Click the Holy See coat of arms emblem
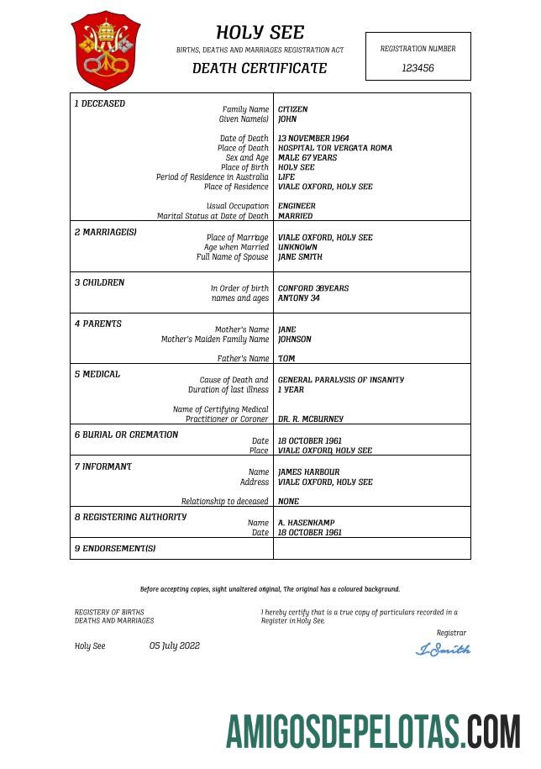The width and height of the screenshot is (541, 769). click(106, 50)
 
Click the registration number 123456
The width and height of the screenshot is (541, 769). click(418, 68)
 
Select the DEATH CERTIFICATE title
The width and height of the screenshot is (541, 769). click(260, 68)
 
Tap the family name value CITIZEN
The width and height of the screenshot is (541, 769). click(292, 109)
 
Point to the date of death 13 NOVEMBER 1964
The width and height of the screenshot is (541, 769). click(313, 139)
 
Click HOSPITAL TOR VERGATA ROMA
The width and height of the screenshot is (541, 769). click(334, 148)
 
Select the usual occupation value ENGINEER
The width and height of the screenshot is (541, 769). click(297, 206)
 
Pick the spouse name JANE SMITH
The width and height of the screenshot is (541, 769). click(300, 257)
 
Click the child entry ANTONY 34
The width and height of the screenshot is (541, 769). click(298, 298)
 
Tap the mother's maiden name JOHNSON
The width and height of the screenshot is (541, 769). click(294, 340)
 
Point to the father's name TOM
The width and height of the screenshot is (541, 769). click(286, 359)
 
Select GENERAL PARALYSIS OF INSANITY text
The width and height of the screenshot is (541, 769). click(340, 380)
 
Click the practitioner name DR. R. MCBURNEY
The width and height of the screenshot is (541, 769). click(310, 419)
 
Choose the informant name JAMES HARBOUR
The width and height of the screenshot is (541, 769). click(308, 472)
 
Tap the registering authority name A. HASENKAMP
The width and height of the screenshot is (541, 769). click(306, 523)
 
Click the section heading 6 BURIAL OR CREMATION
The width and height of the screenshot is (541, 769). click(126, 435)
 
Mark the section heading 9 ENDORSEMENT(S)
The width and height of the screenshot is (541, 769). click(115, 548)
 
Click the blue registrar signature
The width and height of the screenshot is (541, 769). click(444, 650)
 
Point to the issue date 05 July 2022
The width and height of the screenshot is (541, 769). click(175, 645)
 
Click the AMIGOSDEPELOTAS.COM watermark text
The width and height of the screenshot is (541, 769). click(372, 731)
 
